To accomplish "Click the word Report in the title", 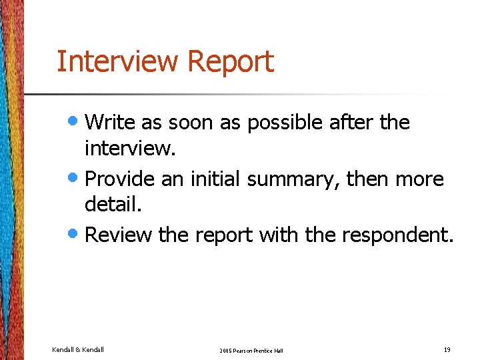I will coord(231,61).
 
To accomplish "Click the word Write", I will coord(109,122).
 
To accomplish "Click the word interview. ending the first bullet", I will coord(130,149).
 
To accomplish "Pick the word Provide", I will coord(119,179).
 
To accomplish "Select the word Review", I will coord(119,235).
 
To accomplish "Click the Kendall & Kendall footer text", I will coord(78,349).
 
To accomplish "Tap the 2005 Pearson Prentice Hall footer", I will coord(251,350).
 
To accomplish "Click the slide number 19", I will coord(447,349).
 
